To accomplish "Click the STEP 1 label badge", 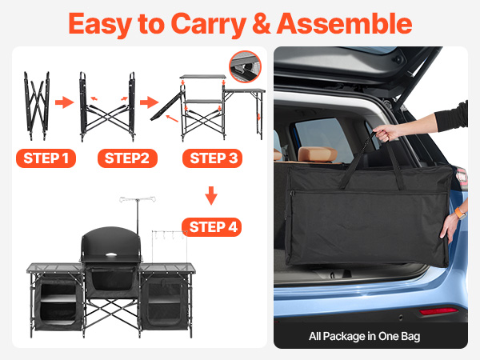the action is [46, 158].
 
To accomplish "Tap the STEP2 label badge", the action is [127, 158].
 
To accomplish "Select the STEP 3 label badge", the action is [213, 158].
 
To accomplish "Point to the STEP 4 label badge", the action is [212, 227].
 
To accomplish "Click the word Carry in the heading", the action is [209, 25].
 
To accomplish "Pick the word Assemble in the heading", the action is [344, 23].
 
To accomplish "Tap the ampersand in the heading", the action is [262, 23].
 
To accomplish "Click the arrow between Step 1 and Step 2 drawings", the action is [64, 102].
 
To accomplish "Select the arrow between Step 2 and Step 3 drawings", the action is [149, 102].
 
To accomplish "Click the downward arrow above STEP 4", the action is [211, 195].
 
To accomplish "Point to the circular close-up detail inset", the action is [245, 66].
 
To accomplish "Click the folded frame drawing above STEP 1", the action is [37, 106].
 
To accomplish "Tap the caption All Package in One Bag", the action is [364, 336].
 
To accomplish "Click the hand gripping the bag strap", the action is [385, 133].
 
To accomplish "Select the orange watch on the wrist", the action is [459, 212].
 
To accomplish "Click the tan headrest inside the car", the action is [318, 154].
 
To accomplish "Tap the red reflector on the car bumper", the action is [438, 311].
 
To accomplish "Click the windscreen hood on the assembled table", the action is [111, 244].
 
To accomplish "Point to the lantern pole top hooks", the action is [138, 199].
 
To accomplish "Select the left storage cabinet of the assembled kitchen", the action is [58, 302].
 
